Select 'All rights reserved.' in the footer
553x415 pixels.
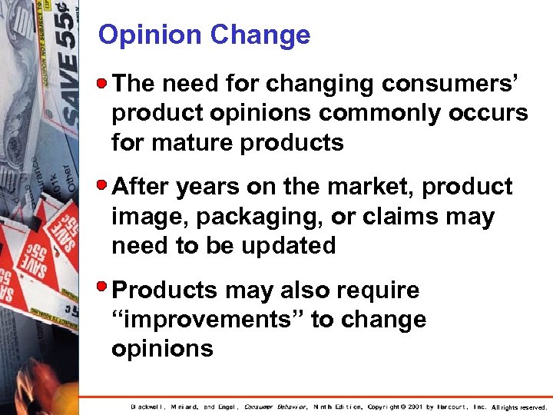(x=518, y=407)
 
